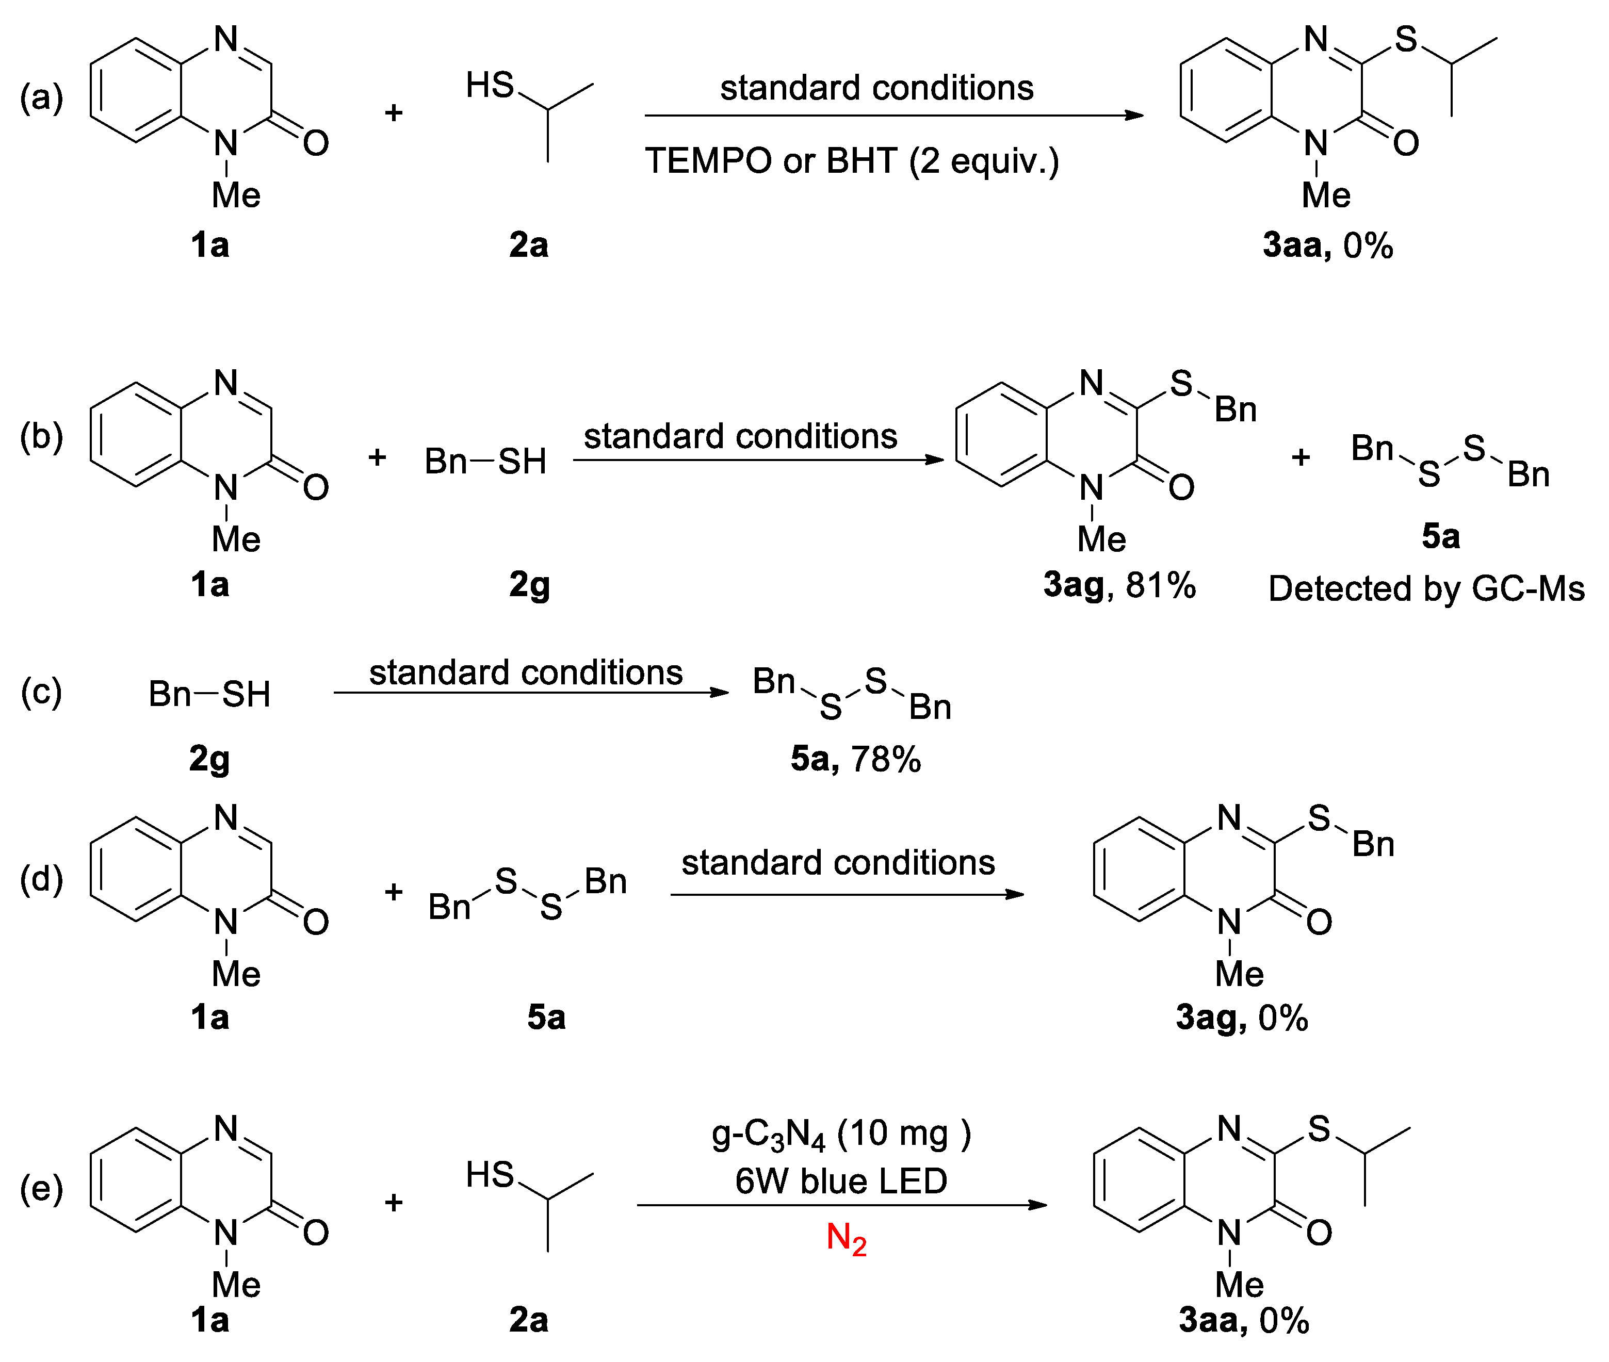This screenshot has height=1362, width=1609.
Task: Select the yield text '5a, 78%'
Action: point(855,760)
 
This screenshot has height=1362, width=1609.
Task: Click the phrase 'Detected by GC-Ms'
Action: point(1426,589)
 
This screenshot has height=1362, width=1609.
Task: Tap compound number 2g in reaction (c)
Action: point(209,760)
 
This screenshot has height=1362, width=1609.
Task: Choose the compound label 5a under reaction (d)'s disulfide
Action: point(546,1018)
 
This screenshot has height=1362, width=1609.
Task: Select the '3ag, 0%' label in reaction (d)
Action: point(1241,1018)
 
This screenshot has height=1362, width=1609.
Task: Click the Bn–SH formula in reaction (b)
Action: point(485,462)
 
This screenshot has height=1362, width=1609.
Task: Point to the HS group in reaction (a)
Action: point(490,85)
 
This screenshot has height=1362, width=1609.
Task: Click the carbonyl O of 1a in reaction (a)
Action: point(315,143)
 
